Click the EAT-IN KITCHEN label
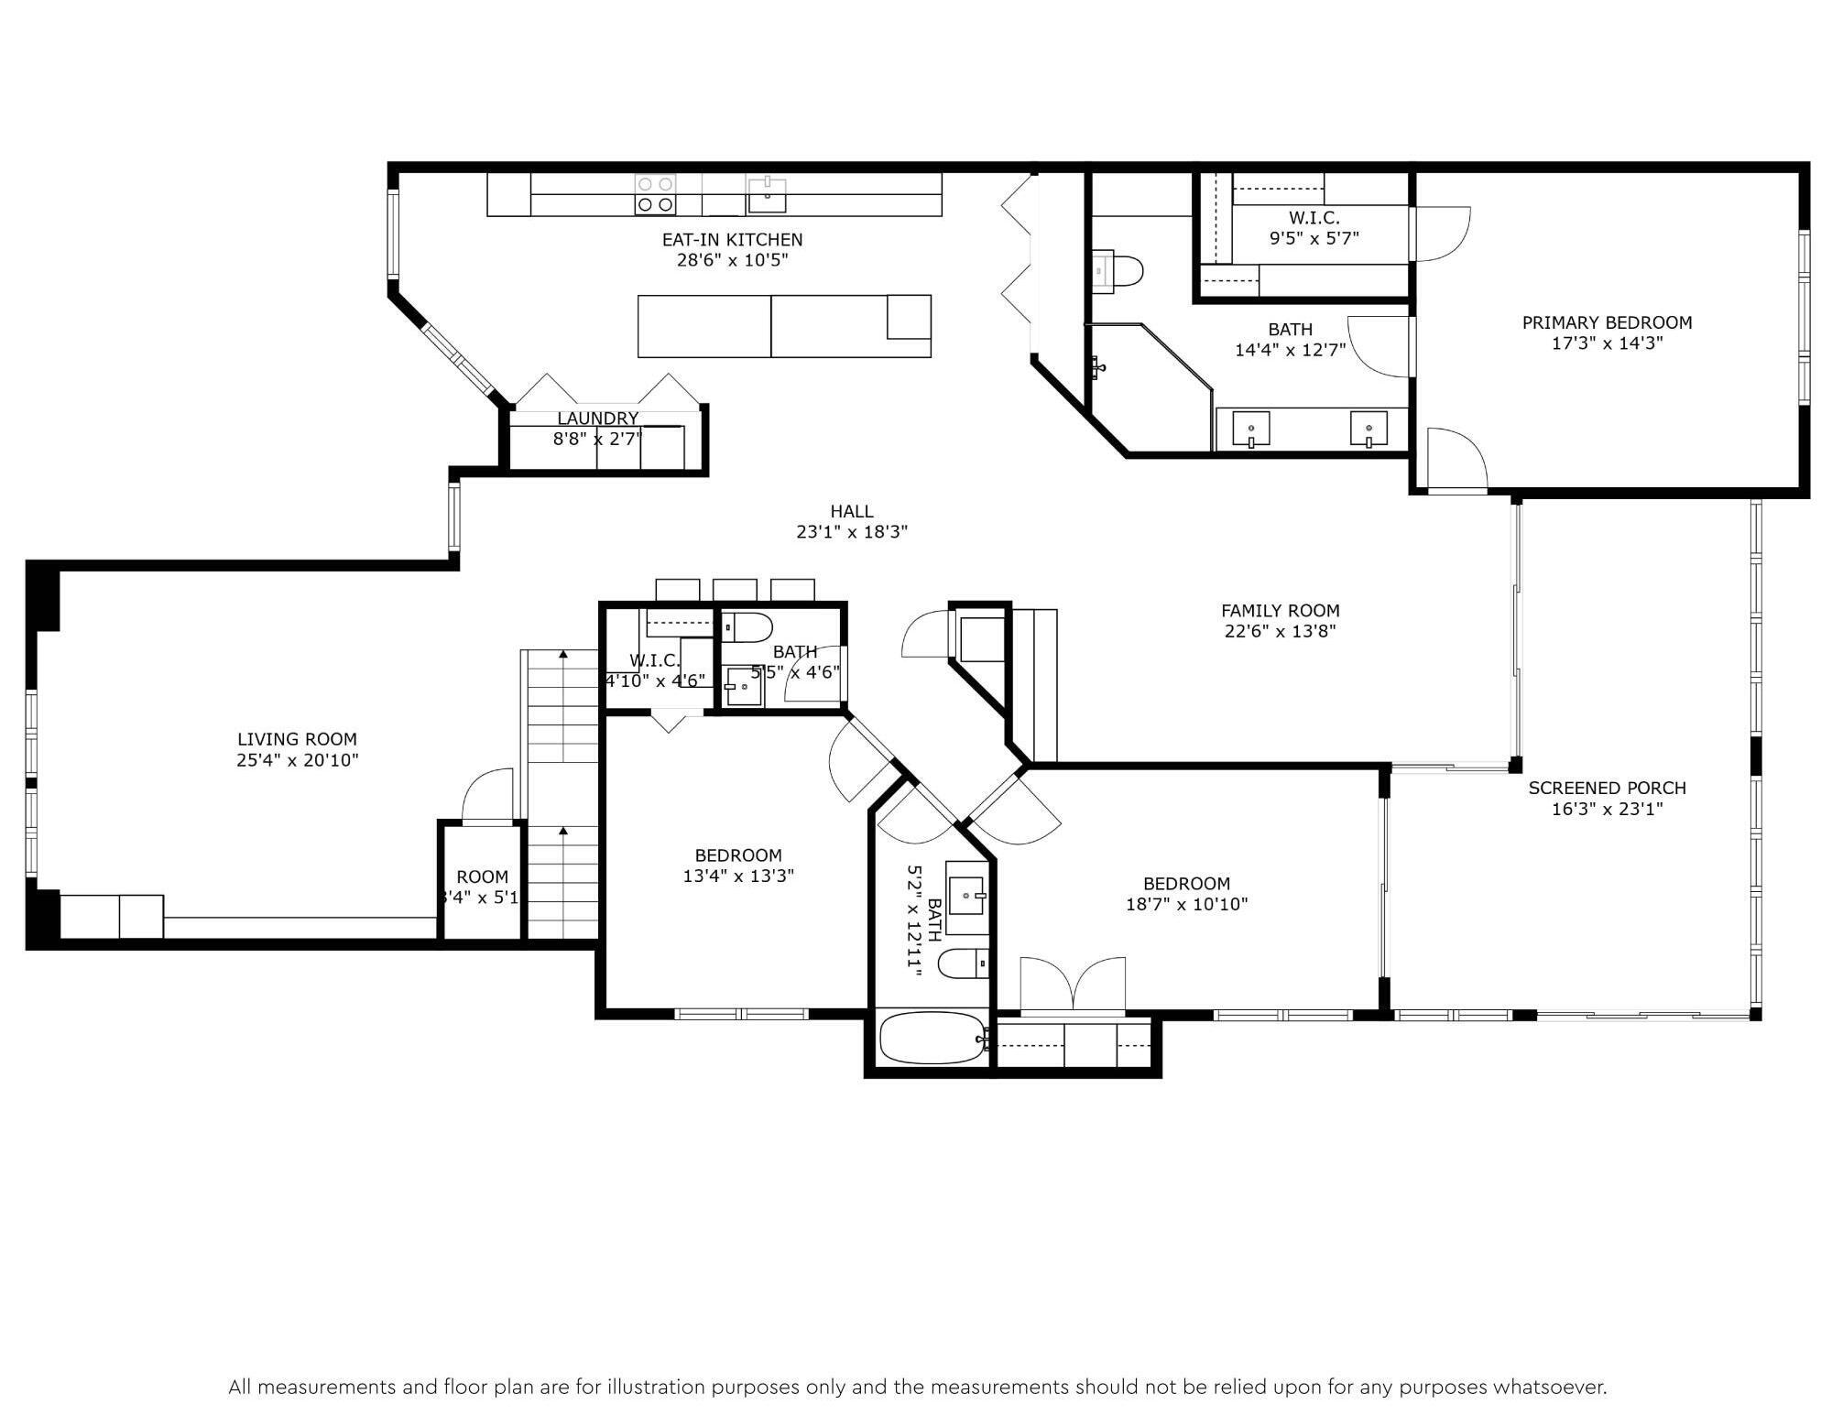pyautogui.click(x=732, y=239)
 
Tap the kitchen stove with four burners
pyautogui.click(x=655, y=194)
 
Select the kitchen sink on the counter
pyautogui.click(x=767, y=194)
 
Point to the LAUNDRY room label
pyautogui.click(x=597, y=419)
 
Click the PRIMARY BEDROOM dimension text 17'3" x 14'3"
pyautogui.click(x=1607, y=343)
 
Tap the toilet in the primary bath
pyautogui.click(x=1119, y=271)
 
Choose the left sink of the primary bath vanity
pyautogui.click(x=1250, y=429)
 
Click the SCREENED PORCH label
pyautogui.click(x=1607, y=788)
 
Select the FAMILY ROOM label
pyautogui.click(x=1280, y=610)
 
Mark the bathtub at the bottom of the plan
pyautogui.click(x=932, y=1039)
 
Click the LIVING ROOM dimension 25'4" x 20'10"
pyautogui.click(x=297, y=760)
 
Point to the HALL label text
pyautogui.click(x=851, y=511)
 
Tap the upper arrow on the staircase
pyautogui.click(x=563, y=654)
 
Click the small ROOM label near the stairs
pyautogui.click(x=482, y=876)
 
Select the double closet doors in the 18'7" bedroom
pyautogui.click(x=1073, y=987)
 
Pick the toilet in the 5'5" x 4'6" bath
pyautogui.click(x=748, y=627)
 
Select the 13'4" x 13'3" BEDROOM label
pyautogui.click(x=737, y=855)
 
